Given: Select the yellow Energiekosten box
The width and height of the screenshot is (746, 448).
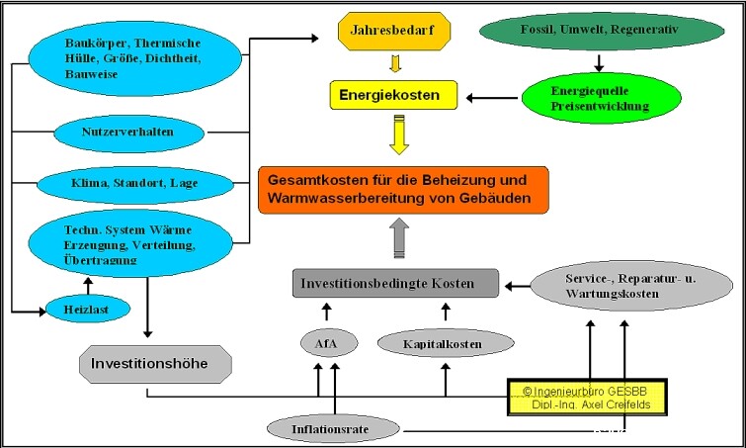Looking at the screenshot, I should click(392, 95).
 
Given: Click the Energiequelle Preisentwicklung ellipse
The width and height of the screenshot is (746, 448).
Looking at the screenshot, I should click(599, 96).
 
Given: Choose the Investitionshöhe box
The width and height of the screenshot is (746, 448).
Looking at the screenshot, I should click(155, 363).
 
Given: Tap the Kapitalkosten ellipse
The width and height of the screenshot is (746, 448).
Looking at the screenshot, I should click(446, 343).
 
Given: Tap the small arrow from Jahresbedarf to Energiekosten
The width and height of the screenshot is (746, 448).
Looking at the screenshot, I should click(395, 65).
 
